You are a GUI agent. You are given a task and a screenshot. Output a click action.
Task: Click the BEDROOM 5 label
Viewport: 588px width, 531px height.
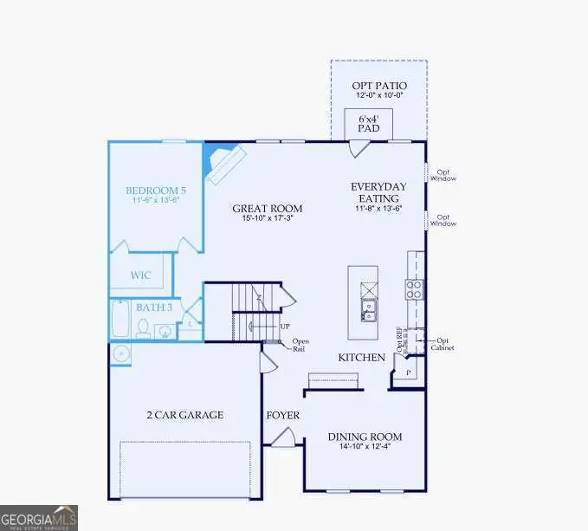click(x=156, y=190)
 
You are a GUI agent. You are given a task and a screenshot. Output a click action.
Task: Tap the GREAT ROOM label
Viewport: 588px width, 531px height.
click(x=267, y=208)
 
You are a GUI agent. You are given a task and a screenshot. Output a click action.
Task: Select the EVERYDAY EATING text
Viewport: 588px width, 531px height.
click(x=378, y=192)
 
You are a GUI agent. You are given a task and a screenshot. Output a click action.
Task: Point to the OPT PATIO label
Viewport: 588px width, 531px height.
click(x=378, y=86)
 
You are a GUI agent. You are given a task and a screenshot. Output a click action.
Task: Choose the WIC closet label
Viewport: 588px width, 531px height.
click(x=141, y=275)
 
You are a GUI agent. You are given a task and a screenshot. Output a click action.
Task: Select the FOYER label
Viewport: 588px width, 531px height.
click(x=282, y=416)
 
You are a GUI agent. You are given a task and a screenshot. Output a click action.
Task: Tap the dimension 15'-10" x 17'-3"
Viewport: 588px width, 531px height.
click(x=267, y=219)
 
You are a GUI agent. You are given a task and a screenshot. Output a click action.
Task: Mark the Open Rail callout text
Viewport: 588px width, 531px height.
click(x=300, y=345)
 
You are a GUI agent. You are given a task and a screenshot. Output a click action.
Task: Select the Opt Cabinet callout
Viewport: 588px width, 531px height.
click(x=445, y=344)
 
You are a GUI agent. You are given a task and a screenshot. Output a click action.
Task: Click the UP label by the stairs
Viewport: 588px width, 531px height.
click(x=285, y=327)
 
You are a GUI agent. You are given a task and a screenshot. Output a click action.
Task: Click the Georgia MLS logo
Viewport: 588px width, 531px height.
click(x=39, y=517)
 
